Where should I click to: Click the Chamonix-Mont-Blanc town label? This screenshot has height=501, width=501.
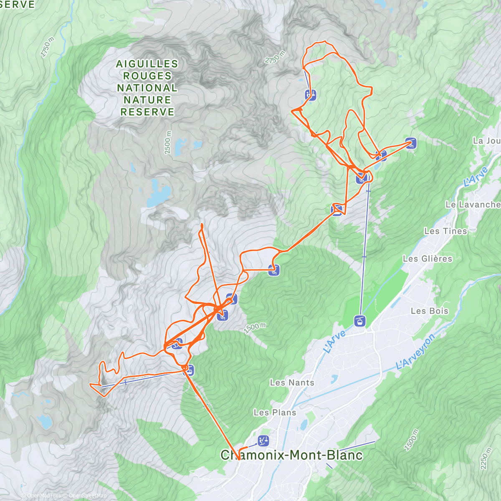[291, 455]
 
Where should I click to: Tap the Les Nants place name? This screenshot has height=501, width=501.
[291, 382]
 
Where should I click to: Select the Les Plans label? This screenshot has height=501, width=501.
[275, 412]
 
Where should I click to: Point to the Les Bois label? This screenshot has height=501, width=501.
[429, 311]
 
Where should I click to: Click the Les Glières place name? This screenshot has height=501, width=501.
[428, 259]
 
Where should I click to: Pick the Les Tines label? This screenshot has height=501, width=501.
[445, 231]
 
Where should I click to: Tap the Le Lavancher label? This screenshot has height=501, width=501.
[473, 205]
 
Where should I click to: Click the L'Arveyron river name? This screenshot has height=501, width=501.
[415, 352]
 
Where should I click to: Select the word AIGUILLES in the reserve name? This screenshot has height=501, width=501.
[147, 64]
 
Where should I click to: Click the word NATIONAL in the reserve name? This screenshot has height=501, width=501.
[147, 88]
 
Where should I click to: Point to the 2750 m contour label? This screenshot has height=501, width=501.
[275, 57]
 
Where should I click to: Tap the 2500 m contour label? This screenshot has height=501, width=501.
[168, 142]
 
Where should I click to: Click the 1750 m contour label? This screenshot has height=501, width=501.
[48, 47]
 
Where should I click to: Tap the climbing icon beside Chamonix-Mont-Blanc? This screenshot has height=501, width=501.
[263, 440]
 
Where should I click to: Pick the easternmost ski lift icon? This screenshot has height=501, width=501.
[411, 143]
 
